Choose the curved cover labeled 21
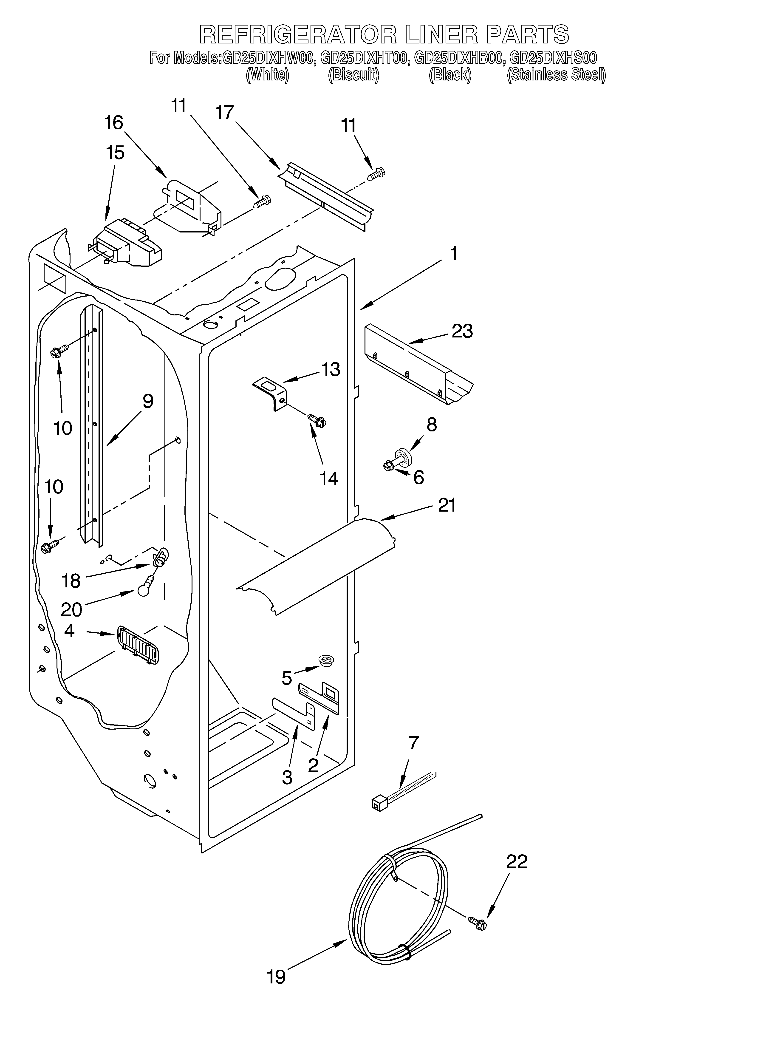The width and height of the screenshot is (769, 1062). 319,564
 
